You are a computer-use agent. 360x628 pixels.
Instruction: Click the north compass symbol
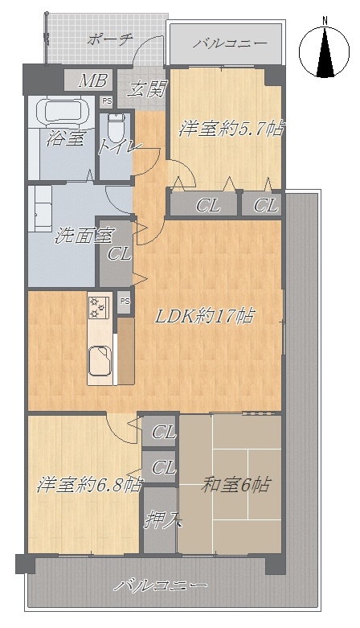pyautogui.click(x=324, y=50)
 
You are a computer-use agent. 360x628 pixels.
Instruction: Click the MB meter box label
pyautogui.click(x=93, y=81)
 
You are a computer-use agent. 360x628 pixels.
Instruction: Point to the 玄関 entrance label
pyautogui.click(x=146, y=90)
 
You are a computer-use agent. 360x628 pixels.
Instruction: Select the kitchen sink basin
pyautogui.click(x=100, y=360)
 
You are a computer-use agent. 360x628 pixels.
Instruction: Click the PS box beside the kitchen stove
pyautogui.click(x=125, y=302)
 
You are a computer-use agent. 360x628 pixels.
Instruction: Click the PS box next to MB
pyautogui.click(x=107, y=101)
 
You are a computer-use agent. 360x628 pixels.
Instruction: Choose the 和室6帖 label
pyautogui.click(x=235, y=486)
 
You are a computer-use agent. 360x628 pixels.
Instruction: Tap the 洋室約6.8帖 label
pyautogui.click(x=89, y=486)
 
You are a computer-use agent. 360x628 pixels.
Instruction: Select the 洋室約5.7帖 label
pyautogui.click(x=231, y=129)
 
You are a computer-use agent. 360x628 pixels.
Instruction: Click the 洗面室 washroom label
pyautogui.click(x=84, y=236)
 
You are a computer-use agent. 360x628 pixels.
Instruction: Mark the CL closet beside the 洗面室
pyautogui.click(x=117, y=253)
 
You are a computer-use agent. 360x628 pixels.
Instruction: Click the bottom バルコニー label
pyautogui.click(x=161, y=586)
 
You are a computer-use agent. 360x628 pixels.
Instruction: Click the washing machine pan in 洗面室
pyautogui.click(x=40, y=208)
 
